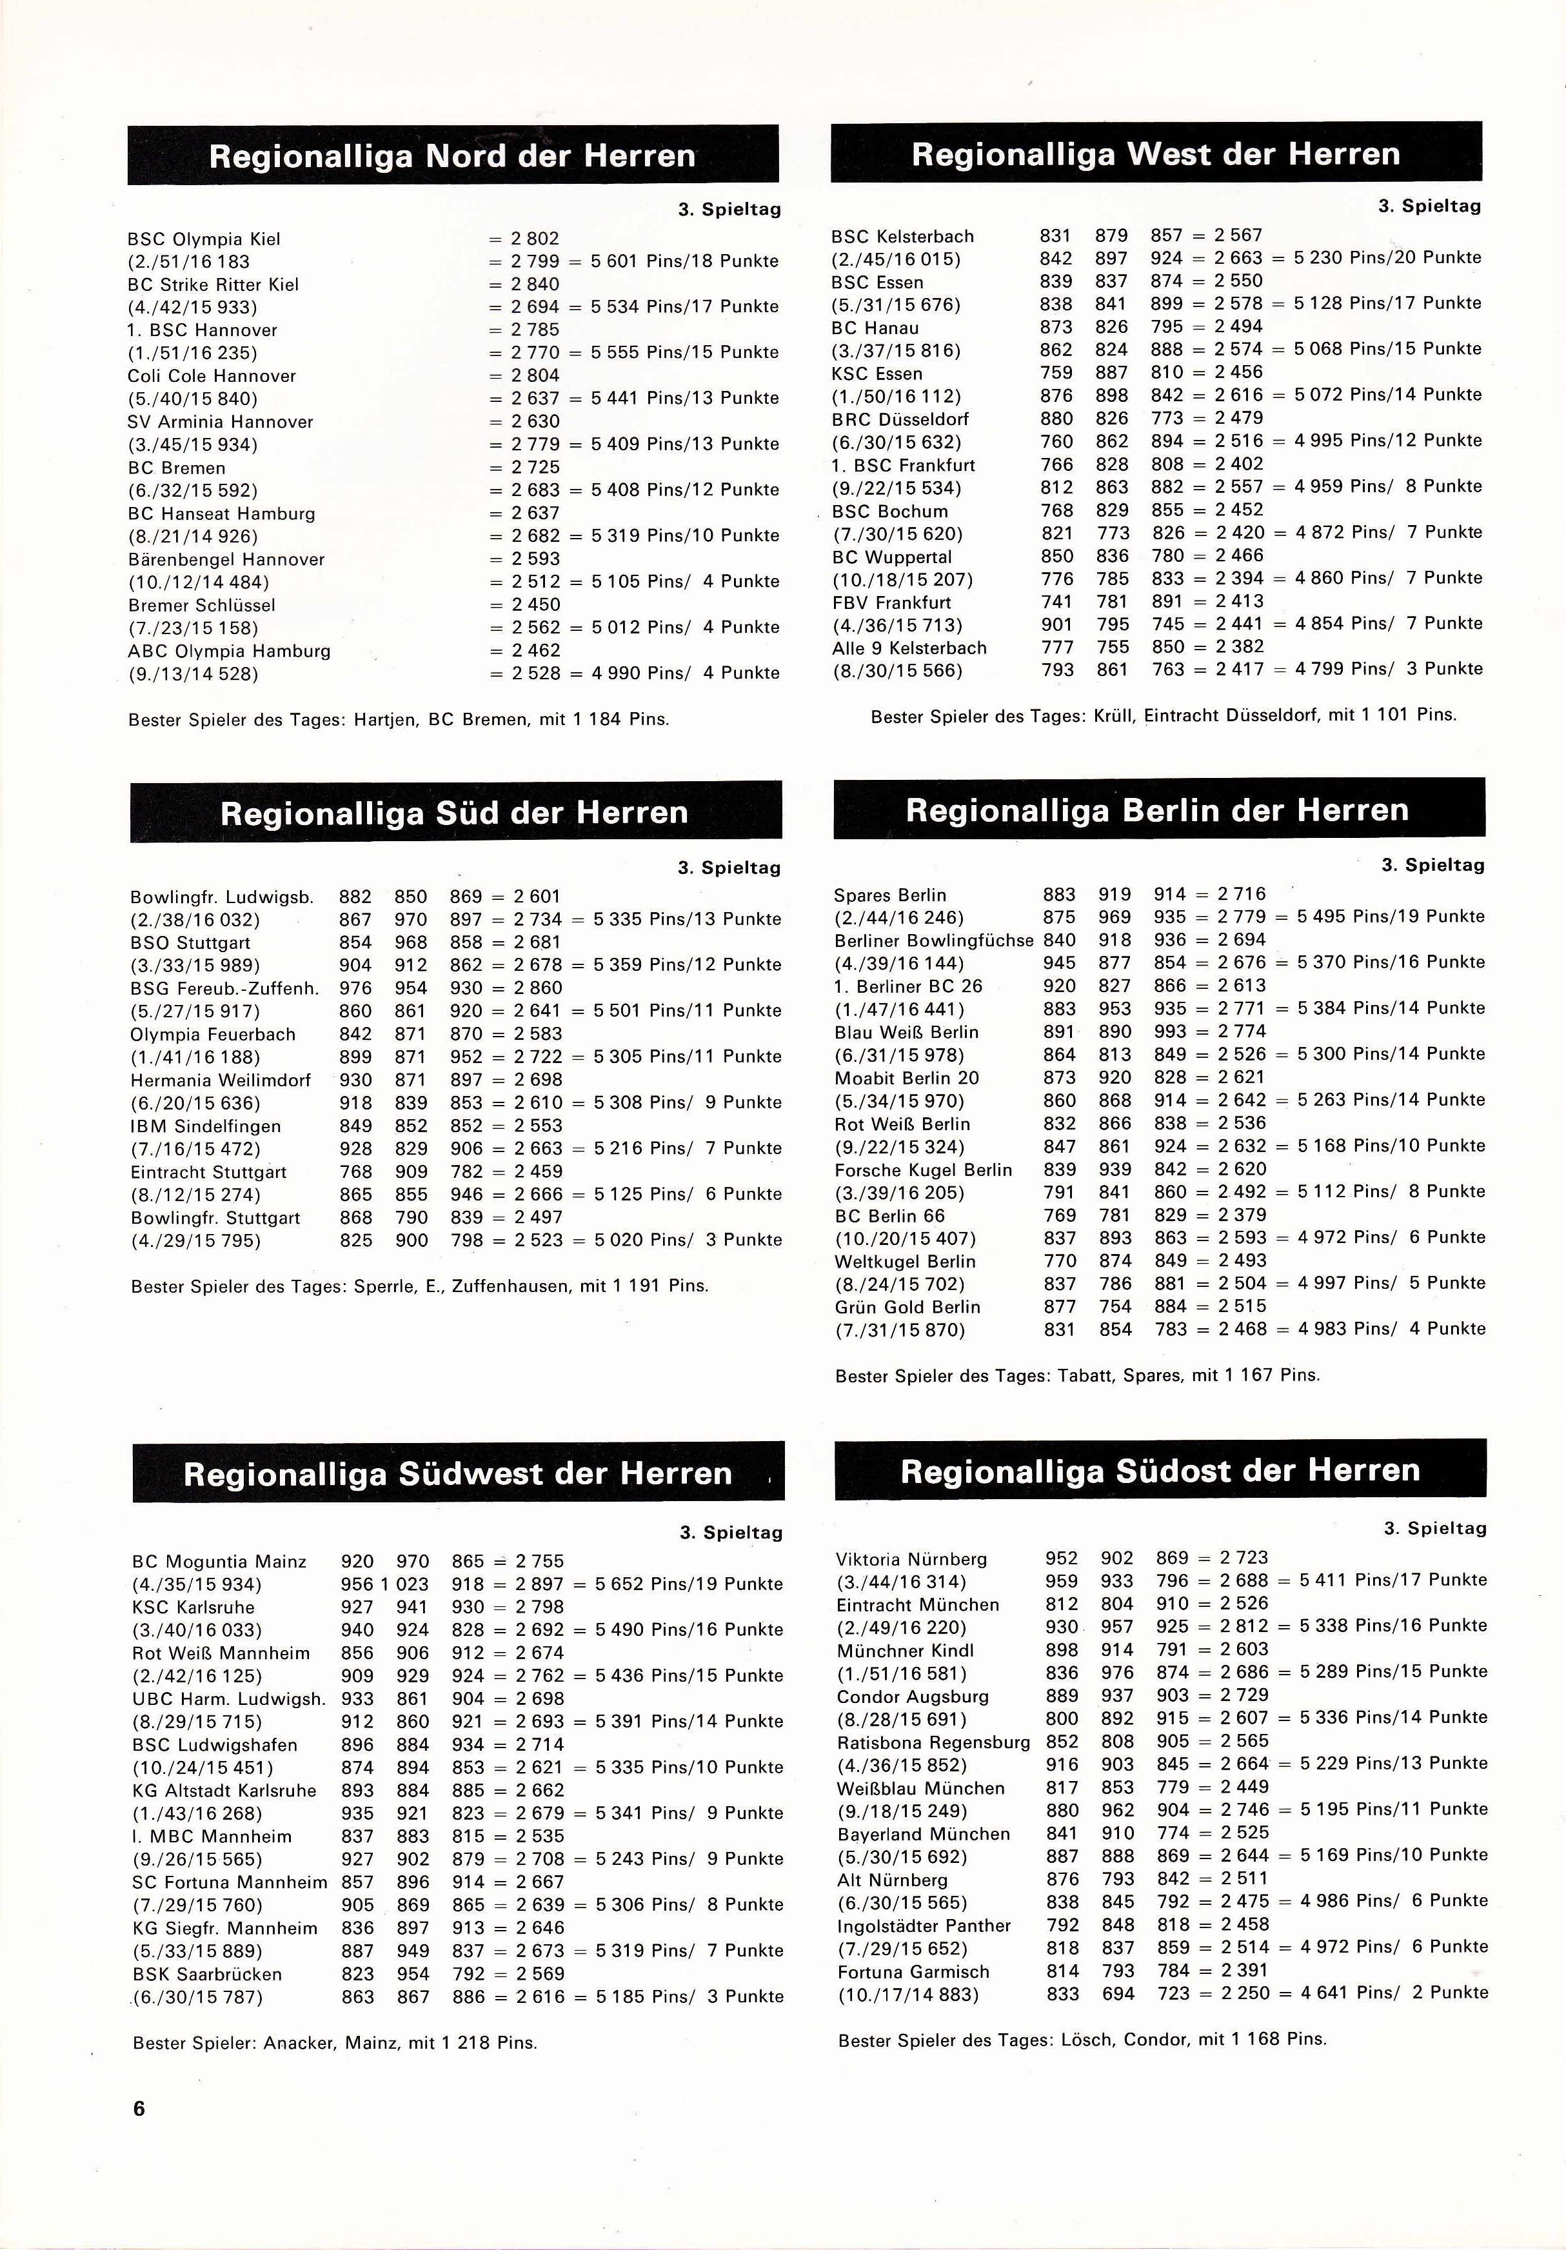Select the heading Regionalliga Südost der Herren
pos(1160,1471)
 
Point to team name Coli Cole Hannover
pos(212,376)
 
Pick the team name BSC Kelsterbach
pos(902,236)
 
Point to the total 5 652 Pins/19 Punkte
pos(689,1584)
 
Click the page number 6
pos(139,2109)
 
